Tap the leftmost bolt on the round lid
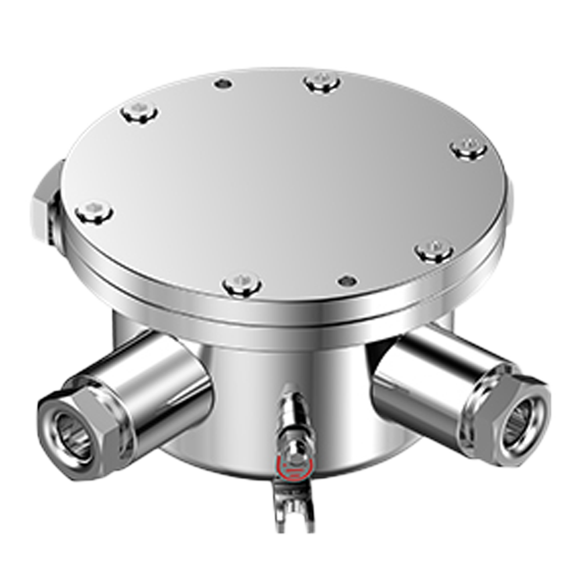[x=94, y=211]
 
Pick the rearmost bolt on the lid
[x=322, y=83]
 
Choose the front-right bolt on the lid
[x=434, y=250]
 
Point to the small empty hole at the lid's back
[x=223, y=84]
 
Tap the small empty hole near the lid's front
[x=347, y=281]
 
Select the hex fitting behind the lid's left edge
[x=44, y=203]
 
